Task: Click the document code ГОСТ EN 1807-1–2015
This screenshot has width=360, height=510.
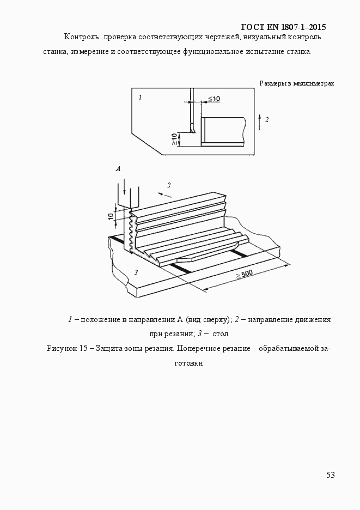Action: pos(283,27)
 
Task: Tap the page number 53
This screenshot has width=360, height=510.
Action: pos(331,475)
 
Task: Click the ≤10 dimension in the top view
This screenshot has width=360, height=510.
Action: pos(214,99)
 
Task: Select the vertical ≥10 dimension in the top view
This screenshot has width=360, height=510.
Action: pos(174,139)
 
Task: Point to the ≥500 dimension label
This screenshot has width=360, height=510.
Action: pos(244,275)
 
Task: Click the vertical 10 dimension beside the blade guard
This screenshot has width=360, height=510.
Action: pos(111,215)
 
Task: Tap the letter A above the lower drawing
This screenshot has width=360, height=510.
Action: pos(118,169)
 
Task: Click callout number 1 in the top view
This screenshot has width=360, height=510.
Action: pos(140,98)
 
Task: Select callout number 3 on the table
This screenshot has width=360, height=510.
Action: pos(136,272)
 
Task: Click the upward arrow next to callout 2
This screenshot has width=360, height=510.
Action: pos(259,122)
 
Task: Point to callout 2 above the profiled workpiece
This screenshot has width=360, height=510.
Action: pos(169,185)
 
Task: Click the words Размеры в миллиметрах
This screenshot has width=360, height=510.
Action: pos(297,83)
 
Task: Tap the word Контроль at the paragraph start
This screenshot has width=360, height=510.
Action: pos(82,37)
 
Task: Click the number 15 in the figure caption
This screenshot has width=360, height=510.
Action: pos(83,349)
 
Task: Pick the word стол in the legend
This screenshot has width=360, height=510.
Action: pos(220,333)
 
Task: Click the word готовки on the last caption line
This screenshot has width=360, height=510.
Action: pos(188,363)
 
